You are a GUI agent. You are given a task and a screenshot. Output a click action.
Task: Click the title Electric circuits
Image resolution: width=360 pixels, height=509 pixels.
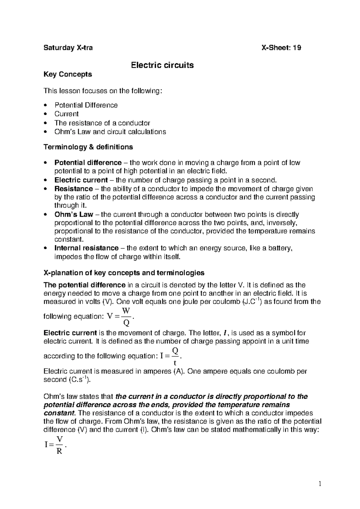tap(162, 65)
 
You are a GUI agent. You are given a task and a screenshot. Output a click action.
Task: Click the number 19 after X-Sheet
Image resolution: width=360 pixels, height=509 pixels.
tap(297, 48)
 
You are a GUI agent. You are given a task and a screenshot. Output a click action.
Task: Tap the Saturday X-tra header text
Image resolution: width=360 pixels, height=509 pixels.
tap(68, 48)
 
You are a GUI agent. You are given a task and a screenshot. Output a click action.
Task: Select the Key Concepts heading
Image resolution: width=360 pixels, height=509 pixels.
tap(68, 74)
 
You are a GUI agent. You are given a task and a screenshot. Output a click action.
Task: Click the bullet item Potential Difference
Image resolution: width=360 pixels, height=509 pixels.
tap(86, 105)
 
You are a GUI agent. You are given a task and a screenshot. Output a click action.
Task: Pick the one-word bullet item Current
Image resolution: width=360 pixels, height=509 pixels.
tap(66, 114)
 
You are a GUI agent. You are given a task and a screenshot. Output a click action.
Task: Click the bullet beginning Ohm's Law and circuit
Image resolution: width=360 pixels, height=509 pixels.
tap(110, 132)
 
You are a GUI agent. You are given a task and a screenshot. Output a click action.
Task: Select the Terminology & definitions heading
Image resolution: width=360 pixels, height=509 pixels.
tap(88, 147)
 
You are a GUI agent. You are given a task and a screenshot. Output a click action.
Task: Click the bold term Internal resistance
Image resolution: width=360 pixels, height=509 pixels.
tap(86, 248)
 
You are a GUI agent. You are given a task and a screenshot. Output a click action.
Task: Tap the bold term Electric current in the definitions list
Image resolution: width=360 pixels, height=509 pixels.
tap(81, 180)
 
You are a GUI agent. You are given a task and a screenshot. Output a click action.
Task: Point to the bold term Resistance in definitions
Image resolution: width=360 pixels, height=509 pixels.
tap(73, 189)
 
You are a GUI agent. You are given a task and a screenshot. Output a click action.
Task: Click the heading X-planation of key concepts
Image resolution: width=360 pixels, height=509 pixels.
tap(124, 273)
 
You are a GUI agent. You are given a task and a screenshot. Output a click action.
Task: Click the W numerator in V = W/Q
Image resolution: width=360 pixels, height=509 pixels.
tap(126, 311)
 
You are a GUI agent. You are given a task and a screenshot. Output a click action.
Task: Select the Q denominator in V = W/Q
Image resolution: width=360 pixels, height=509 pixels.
tap(126, 323)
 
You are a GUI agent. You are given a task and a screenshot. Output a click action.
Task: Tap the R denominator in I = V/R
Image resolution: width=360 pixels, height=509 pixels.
tap(59, 451)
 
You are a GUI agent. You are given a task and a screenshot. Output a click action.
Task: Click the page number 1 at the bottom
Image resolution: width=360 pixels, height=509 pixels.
tap(320, 483)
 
